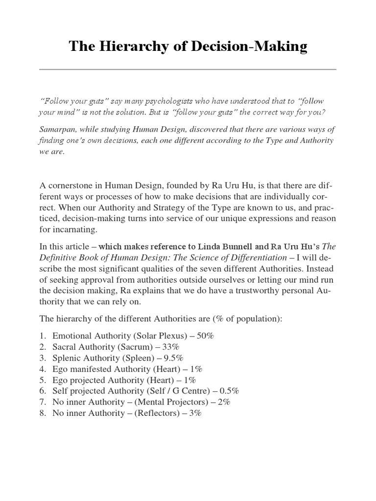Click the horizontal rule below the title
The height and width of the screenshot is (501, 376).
click(188, 69)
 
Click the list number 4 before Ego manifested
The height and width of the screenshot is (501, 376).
click(42, 368)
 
